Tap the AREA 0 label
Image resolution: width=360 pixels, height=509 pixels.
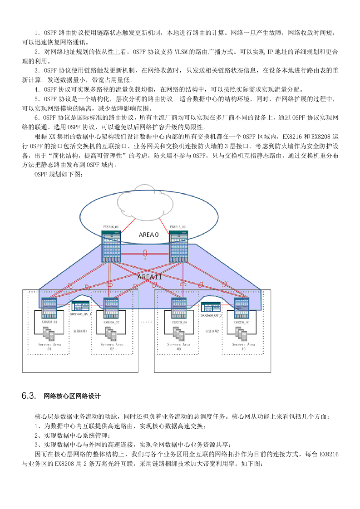148,235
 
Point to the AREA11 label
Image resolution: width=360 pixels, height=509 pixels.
150,276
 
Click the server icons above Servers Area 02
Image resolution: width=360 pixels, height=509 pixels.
112,333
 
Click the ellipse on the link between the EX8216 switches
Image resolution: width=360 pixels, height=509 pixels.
145,253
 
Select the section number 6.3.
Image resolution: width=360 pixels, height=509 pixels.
29,396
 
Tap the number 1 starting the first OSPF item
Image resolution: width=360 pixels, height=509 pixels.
37,33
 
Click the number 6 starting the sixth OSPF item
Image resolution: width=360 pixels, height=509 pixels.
37,117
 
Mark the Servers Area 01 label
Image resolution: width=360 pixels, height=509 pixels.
49,347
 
